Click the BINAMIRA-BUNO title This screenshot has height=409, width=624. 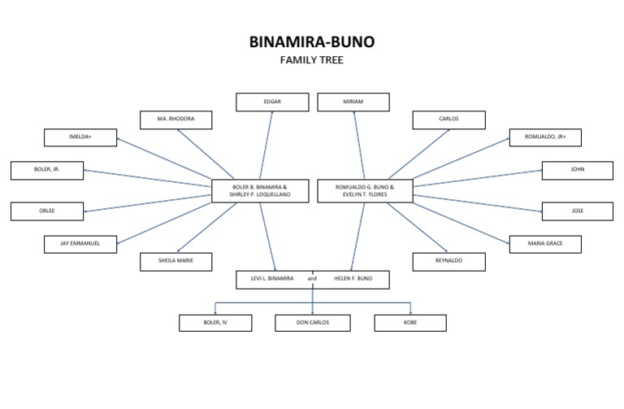pos(312,41)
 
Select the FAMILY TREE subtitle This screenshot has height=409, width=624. pos(312,60)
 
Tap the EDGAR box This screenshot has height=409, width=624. pos(272,102)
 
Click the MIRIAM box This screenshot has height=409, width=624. pos(353,102)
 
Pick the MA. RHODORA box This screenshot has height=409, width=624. pos(175,120)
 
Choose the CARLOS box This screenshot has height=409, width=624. pos(448,120)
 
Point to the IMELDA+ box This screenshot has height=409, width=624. pos(80,137)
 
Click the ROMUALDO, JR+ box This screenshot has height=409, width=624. pos(545,137)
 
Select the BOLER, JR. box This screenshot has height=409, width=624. pos(47,170)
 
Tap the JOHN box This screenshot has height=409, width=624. pos(578,170)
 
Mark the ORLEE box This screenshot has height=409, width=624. pos(47,211)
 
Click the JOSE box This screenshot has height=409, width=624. pos(578,211)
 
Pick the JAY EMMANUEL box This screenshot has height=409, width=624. pos(80,243)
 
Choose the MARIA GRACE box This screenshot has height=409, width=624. pos(545,243)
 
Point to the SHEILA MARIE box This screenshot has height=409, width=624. pos(175,261)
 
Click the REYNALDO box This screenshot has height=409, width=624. pos(448,261)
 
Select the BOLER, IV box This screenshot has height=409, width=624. pos(215,323)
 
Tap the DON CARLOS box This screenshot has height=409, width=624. pos(313,323)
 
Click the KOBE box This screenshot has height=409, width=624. pos(410,323)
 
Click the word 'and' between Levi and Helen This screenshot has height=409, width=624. pos(313,279)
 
